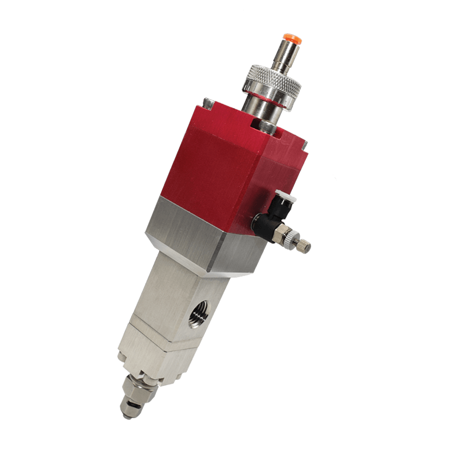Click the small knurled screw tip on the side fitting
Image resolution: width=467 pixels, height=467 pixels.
(305, 243)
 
